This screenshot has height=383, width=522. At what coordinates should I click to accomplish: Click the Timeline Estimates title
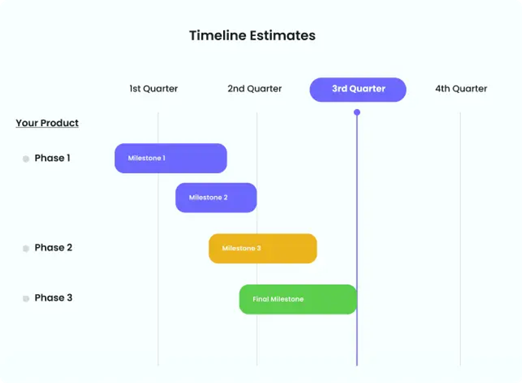point(252,35)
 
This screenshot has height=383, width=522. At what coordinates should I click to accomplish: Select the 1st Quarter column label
point(153,89)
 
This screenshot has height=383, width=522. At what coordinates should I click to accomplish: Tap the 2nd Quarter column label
point(254,89)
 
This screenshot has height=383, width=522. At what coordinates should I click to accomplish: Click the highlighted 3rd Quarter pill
point(358,90)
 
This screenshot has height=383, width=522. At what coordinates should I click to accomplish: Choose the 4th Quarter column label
point(461,89)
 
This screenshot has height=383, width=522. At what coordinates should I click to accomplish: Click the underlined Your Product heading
point(47,123)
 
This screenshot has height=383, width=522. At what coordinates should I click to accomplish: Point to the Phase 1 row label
point(52,158)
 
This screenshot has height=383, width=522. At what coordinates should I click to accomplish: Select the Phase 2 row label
point(53,248)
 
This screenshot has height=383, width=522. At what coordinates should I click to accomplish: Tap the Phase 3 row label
point(53,298)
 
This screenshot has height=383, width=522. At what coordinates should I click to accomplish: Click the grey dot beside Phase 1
point(26,159)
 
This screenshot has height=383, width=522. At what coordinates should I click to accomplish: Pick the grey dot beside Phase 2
point(26,248)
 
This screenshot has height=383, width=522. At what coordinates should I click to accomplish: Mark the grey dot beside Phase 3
point(26,299)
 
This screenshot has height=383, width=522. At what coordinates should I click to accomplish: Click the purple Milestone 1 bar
point(170,158)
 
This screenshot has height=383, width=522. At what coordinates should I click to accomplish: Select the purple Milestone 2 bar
point(216,197)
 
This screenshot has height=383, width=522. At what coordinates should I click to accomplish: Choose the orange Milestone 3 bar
point(262,248)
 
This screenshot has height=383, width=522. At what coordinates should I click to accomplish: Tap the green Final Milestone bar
point(298,299)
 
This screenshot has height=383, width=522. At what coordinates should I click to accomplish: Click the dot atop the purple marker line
point(357,112)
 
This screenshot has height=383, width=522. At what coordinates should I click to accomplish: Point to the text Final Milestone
point(278,299)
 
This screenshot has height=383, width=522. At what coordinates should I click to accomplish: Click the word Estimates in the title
point(283,35)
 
